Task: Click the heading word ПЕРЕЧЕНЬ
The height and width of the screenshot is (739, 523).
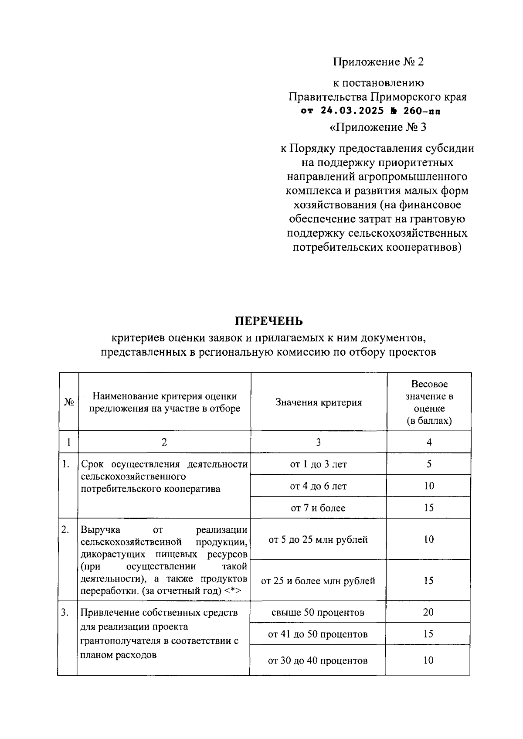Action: (268, 321)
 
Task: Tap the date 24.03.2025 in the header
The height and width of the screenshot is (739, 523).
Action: (352, 111)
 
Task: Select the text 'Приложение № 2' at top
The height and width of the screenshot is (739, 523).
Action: (378, 62)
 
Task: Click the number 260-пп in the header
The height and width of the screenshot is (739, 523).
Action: (421, 111)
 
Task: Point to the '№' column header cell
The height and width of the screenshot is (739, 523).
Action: (68, 402)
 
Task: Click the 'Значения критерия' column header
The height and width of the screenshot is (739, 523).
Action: (319, 402)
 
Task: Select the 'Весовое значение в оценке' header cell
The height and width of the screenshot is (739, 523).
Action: (429, 402)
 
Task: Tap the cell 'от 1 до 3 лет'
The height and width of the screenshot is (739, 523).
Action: (318, 464)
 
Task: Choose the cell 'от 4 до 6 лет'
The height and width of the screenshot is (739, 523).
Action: (318, 486)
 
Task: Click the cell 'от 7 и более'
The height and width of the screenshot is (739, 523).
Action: (318, 508)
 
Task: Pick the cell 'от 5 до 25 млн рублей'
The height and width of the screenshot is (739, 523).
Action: (318, 540)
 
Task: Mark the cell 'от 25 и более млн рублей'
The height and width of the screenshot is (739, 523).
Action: (318, 581)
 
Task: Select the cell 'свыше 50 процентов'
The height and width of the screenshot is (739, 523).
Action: (318, 613)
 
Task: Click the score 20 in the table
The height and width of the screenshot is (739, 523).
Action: (428, 613)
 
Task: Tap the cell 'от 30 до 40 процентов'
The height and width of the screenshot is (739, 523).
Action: (318, 661)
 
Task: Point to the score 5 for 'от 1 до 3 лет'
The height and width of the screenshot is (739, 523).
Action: (429, 464)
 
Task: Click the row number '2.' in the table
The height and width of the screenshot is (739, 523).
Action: (65, 530)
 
